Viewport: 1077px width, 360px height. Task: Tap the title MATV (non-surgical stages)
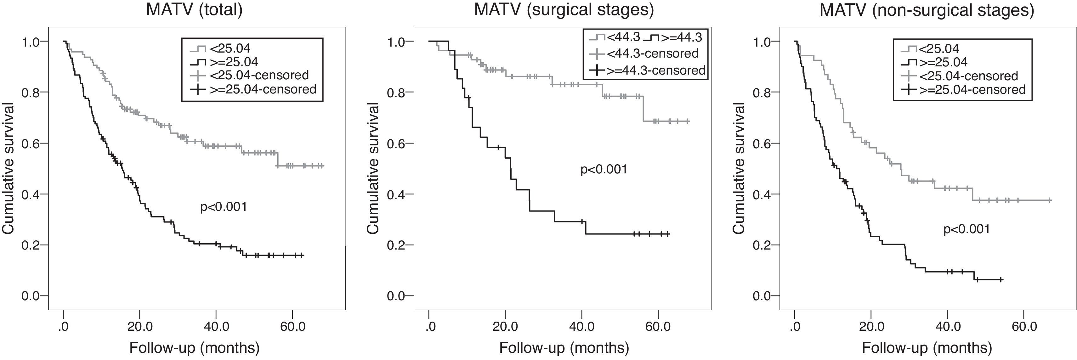pyautogui.click(x=927, y=9)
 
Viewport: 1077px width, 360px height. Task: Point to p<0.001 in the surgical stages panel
pyautogui.click(x=604, y=169)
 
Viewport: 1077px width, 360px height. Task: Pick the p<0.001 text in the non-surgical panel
pyautogui.click(x=966, y=229)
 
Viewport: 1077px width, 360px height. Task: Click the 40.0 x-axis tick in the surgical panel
pyautogui.click(x=581, y=326)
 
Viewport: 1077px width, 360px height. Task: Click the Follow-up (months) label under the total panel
pyautogui.click(x=195, y=348)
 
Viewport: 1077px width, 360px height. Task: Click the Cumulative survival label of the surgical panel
pyautogui.click(x=373, y=168)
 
